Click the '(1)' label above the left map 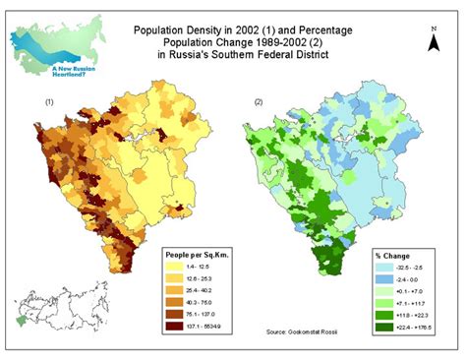[x=49, y=102]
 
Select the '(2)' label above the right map [x=259, y=102]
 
